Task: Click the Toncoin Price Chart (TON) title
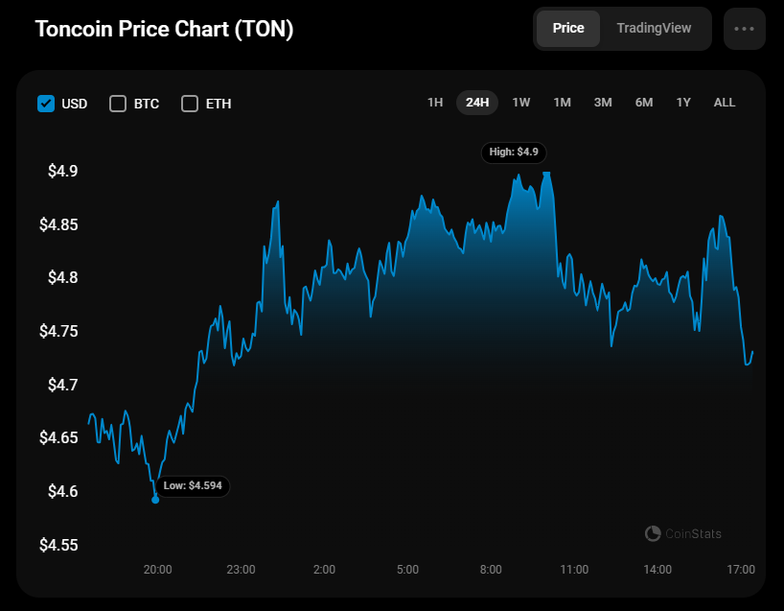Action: (164, 29)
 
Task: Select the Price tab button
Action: (568, 28)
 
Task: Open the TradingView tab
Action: (654, 28)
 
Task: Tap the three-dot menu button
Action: (745, 29)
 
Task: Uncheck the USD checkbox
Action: (46, 104)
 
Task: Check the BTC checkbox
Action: (118, 104)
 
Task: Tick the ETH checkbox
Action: (190, 104)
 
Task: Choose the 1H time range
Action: (435, 102)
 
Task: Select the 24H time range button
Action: (477, 102)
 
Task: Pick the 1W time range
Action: (520, 102)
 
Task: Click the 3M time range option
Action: (603, 102)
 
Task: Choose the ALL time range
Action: (725, 102)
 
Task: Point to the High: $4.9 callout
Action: (515, 152)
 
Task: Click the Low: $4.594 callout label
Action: (193, 486)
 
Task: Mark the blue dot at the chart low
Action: (155, 500)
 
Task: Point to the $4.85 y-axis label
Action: (58, 225)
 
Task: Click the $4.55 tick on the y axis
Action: (58, 545)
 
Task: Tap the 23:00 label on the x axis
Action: (241, 570)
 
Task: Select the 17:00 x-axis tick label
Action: (741, 570)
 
